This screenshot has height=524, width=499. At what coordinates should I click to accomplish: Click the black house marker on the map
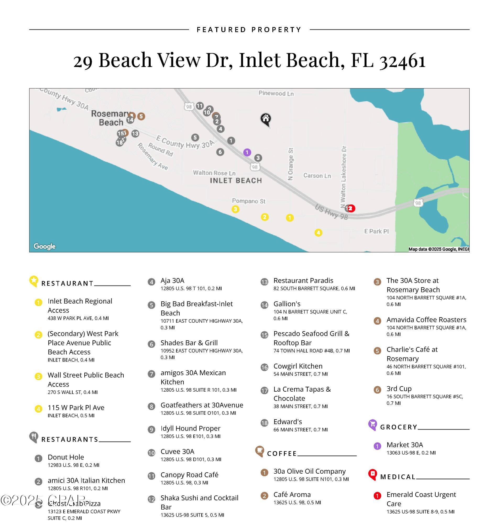tap(265, 119)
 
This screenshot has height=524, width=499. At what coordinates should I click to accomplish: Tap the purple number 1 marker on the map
tap(247, 153)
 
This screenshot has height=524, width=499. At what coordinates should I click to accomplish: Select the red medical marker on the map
tap(351, 208)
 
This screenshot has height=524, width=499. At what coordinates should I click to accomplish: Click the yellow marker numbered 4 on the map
tap(319, 233)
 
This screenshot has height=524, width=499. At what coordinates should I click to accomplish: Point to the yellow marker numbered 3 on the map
tap(235, 209)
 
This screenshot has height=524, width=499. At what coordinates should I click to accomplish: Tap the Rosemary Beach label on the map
tap(110, 118)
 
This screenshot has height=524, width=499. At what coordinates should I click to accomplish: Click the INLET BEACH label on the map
tap(236, 181)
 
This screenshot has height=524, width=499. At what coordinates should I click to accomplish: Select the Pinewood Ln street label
tap(276, 93)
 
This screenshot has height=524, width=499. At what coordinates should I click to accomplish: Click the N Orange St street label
tap(290, 164)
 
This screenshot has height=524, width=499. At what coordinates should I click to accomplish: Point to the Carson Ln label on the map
tap(317, 176)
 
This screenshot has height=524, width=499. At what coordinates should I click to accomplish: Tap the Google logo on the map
tap(45, 246)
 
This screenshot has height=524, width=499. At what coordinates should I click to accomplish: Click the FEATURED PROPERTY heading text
tap(249, 30)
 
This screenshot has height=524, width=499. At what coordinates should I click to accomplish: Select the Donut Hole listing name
tap(66, 457)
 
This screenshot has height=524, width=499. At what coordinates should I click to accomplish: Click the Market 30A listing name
tap(405, 445)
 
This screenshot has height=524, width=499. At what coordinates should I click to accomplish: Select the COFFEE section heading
tap(282, 453)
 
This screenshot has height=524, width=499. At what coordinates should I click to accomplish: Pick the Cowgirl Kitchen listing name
tap(298, 366)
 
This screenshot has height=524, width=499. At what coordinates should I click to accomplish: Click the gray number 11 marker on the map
tap(200, 106)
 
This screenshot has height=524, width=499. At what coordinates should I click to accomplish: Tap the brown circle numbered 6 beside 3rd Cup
tap(377, 390)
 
